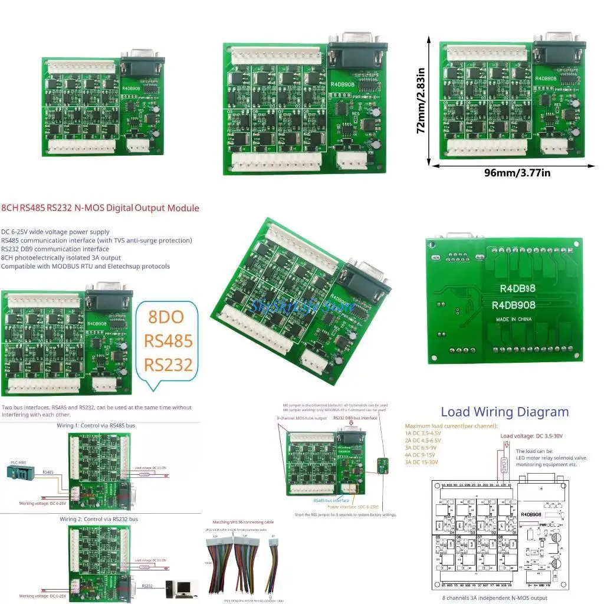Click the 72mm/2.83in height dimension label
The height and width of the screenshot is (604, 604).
(421, 101)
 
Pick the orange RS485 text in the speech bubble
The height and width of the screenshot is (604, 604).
(168, 341)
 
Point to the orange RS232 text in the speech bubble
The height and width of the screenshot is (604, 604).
(168, 365)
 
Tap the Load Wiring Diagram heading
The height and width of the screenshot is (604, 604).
(504, 412)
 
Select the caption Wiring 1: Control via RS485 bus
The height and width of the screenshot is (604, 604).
(97, 425)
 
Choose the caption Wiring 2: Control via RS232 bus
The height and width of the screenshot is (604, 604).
(97, 519)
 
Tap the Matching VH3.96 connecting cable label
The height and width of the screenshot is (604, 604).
(243, 523)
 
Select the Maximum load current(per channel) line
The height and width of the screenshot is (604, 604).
(451, 426)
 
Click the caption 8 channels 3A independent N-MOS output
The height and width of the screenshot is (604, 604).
(494, 598)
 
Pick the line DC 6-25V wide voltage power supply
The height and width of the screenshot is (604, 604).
(55, 232)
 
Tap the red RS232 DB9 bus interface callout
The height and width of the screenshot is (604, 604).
(354, 418)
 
